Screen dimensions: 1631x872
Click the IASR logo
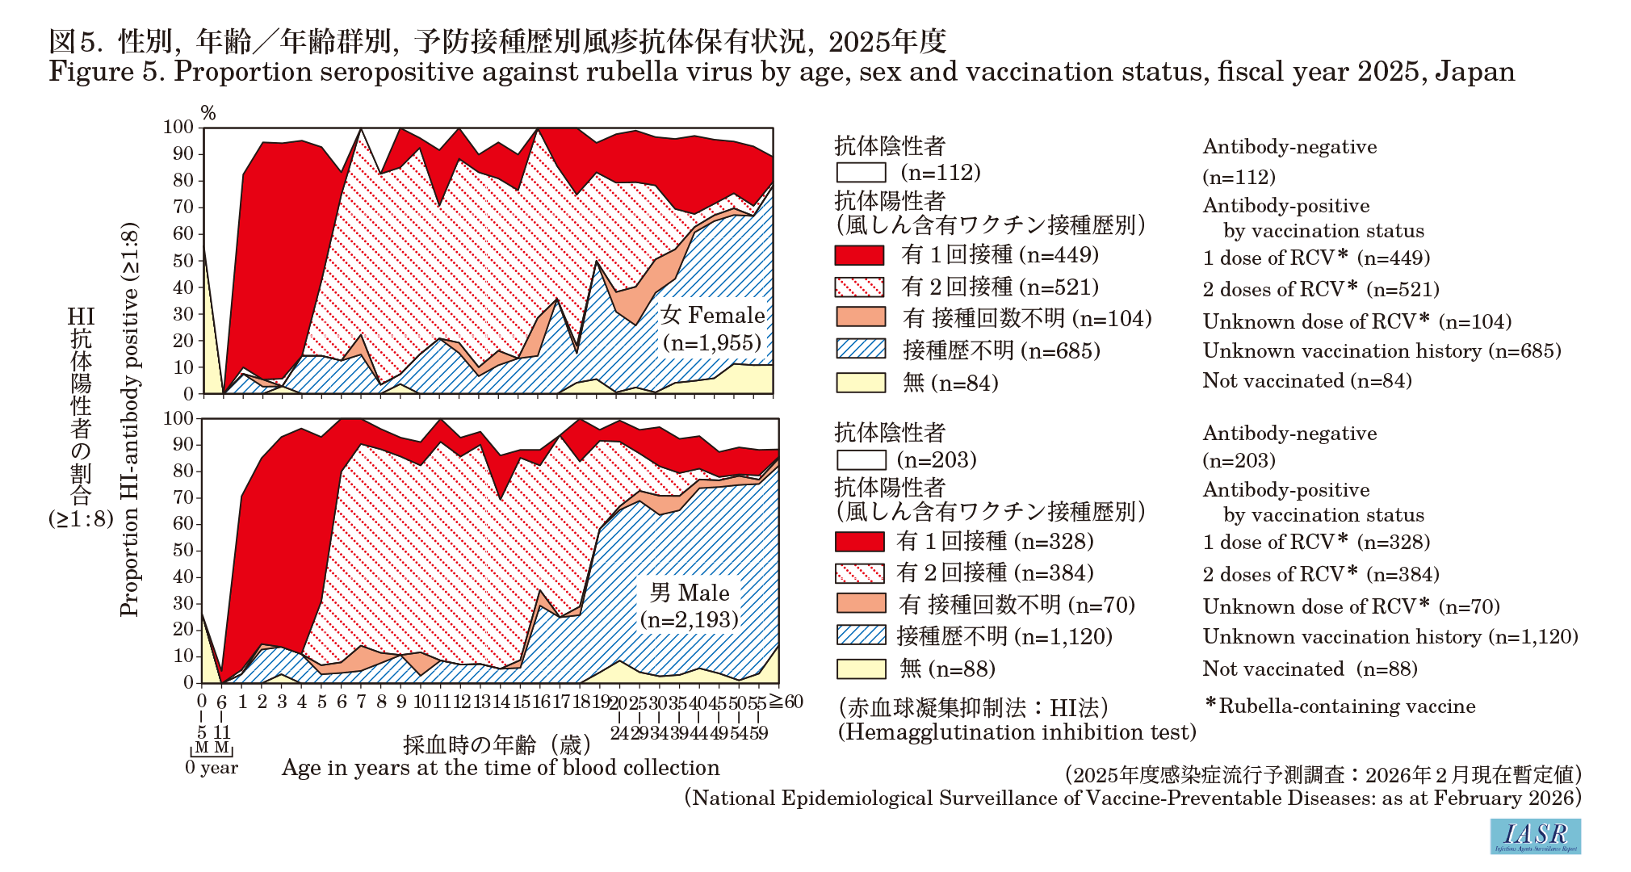(x=1535, y=836)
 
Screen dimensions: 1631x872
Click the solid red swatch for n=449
(x=859, y=255)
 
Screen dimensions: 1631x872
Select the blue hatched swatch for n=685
(x=861, y=349)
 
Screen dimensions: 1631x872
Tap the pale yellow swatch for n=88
(x=861, y=669)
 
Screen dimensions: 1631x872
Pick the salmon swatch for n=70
(x=861, y=604)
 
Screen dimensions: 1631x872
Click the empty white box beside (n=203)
(x=861, y=459)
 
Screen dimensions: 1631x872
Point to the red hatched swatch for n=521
(x=859, y=287)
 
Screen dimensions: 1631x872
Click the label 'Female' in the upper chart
(x=727, y=315)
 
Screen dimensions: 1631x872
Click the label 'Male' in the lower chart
(x=702, y=593)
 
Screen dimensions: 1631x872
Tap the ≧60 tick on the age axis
(x=786, y=701)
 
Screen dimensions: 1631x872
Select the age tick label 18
(x=581, y=701)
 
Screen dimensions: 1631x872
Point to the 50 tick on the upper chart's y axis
(x=183, y=260)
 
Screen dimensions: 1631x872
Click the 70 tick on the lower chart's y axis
(x=183, y=497)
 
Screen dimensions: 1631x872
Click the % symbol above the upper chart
(x=208, y=113)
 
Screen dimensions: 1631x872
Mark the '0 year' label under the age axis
(x=212, y=767)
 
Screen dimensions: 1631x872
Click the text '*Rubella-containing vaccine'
(x=1340, y=706)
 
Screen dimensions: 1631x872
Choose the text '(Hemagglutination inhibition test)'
(x=1017, y=732)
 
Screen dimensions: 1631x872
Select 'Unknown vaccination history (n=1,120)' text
(x=1390, y=636)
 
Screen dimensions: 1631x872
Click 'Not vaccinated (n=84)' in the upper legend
(x=1307, y=380)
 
